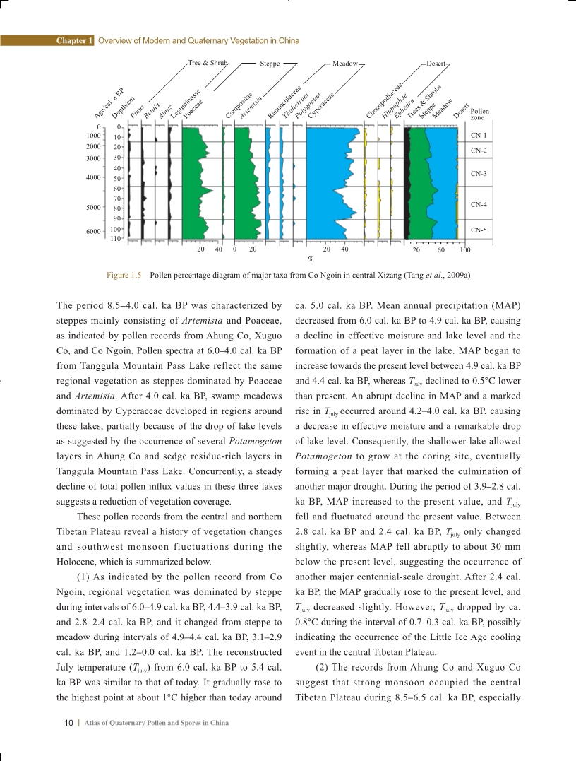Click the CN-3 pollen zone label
point(479,173)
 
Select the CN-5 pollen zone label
point(479,230)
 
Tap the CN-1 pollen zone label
point(479,134)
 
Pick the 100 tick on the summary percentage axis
point(464,249)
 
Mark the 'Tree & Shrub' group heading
point(208,63)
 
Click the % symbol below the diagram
point(310,259)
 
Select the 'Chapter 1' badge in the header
point(74,41)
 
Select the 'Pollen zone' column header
point(479,114)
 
